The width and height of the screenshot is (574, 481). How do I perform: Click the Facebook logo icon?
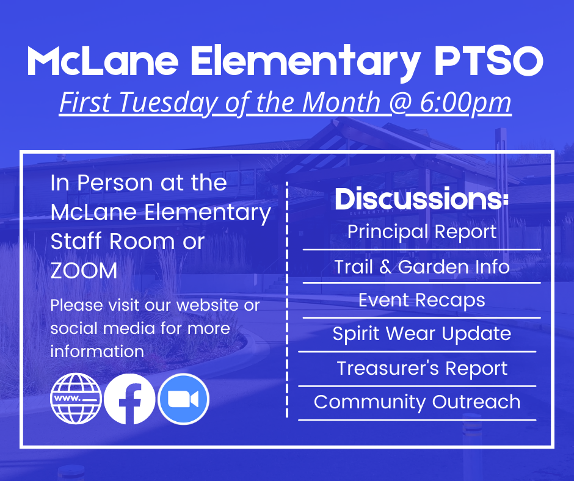pyautogui.click(x=129, y=399)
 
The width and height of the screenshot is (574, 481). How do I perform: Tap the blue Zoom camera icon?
pyautogui.click(x=183, y=399)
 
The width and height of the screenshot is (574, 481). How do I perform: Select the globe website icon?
pyautogui.click(x=76, y=399)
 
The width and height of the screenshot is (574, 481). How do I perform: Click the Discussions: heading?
pyautogui.click(x=421, y=200)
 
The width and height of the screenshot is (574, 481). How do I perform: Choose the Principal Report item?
pyautogui.click(x=421, y=232)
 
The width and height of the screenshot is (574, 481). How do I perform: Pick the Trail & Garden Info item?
pyautogui.click(x=421, y=267)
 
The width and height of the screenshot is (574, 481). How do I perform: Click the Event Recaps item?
pyautogui.click(x=421, y=300)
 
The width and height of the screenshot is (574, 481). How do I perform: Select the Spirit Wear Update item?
pyautogui.click(x=421, y=334)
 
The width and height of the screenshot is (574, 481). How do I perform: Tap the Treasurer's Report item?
pyautogui.click(x=421, y=369)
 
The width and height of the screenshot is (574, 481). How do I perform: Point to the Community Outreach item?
pyautogui.click(x=417, y=402)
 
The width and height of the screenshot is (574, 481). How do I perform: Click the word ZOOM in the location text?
pyautogui.click(x=84, y=271)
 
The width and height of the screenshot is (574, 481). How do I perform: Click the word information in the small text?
pyautogui.click(x=97, y=352)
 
